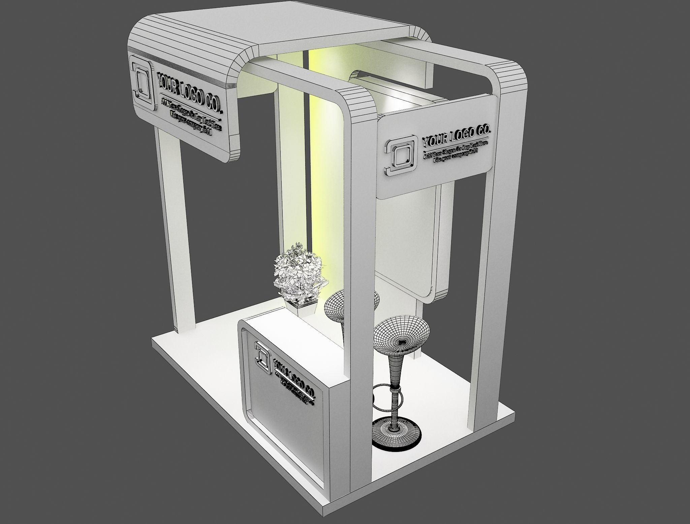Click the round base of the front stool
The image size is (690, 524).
[396, 438]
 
